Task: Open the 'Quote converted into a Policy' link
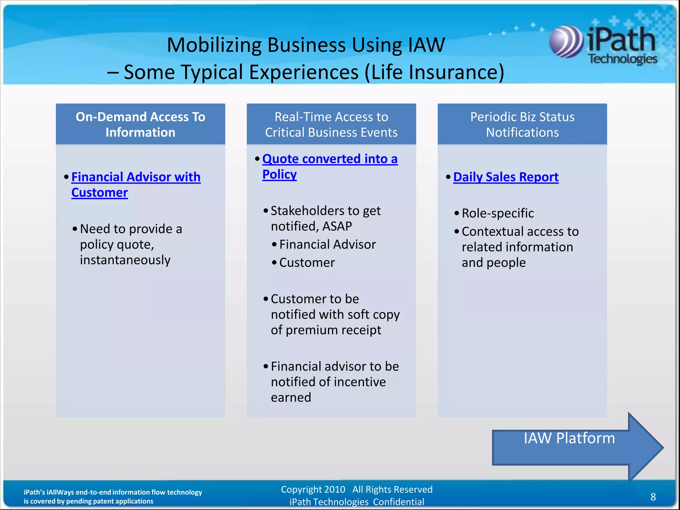tap(329, 166)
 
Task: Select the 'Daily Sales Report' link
tap(506, 177)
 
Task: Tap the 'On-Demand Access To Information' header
tap(140, 125)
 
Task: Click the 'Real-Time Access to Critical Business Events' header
tap(331, 125)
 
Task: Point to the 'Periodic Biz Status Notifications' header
tap(522, 125)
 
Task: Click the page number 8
tap(653, 497)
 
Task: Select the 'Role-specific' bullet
tap(497, 213)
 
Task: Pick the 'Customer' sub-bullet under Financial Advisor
tap(307, 263)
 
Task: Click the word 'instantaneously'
tap(125, 260)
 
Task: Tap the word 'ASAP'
tap(337, 226)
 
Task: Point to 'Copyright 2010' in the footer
tap(313, 489)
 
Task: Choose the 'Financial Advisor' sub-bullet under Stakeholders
tap(327, 244)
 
